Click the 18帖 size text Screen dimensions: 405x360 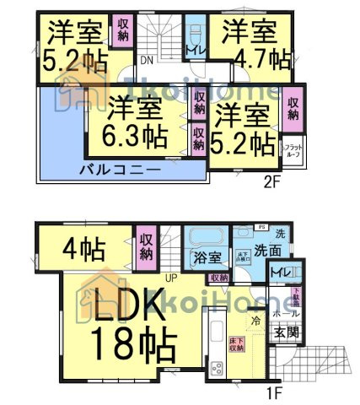[x=137, y=344]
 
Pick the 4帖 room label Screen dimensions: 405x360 [x=83, y=250]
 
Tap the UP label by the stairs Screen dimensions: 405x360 [x=171, y=278]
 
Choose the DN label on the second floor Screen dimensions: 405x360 [x=146, y=60]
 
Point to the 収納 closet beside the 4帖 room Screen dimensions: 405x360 [x=145, y=246]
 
